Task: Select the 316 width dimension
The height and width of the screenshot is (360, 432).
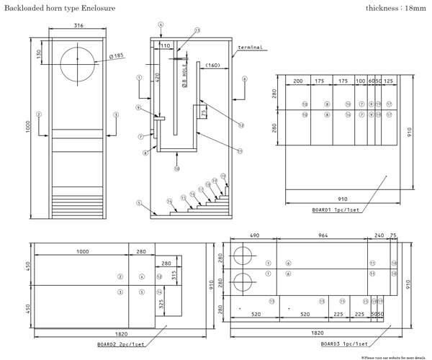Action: click(x=78, y=27)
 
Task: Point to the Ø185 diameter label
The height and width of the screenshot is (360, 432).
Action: click(x=115, y=55)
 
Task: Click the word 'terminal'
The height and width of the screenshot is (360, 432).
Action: click(x=249, y=48)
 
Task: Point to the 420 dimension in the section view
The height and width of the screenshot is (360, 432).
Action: click(x=157, y=77)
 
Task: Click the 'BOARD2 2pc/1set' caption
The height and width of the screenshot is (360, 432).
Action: click(x=121, y=344)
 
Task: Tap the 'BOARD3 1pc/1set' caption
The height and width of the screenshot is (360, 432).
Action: click(x=344, y=344)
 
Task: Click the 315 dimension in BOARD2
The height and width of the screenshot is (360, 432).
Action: click(x=174, y=275)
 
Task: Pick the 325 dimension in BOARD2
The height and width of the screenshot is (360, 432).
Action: click(x=161, y=304)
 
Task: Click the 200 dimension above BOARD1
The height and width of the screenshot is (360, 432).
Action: click(x=297, y=81)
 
